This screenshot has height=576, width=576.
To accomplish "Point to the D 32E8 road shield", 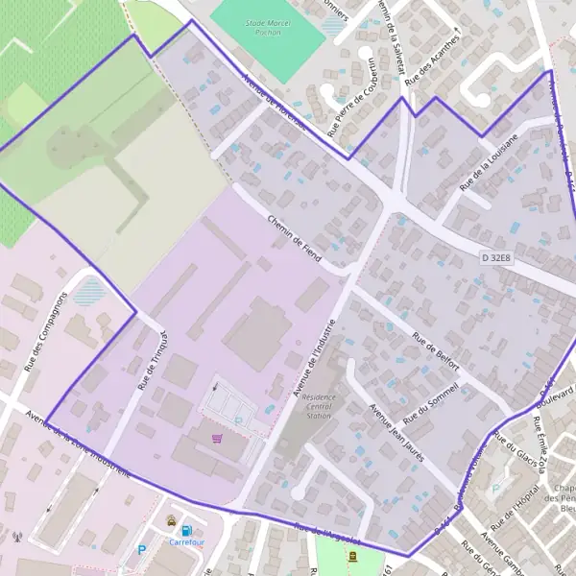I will pos(497,257).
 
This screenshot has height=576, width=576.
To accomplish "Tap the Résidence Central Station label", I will pos(317,406).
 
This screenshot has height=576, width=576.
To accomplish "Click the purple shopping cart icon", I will pos(217,439).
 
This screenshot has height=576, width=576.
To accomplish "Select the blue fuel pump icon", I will pos(186,529).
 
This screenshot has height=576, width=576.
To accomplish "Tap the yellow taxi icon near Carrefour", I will pos(171,521).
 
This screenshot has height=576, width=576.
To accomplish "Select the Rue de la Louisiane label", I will pos(488,161).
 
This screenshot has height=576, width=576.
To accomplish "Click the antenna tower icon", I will pos(17,537).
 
